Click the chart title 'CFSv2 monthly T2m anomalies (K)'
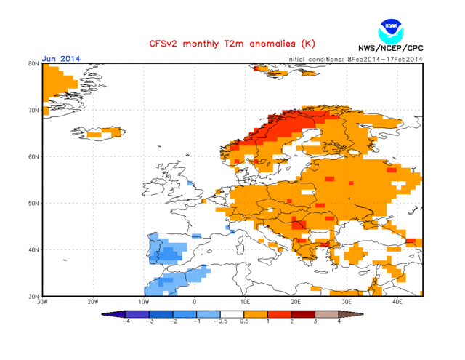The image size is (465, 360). (x=222, y=44)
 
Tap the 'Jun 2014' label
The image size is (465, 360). (x=61, y=59)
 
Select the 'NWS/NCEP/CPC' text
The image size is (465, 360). (x=391, y=49)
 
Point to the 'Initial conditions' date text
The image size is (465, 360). (x=354, y=59)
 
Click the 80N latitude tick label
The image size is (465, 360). (x=33, y=64)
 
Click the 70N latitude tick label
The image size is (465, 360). (x=33, y=111)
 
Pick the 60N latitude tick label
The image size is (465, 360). (x=33, y=156)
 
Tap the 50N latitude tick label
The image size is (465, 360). (x=33, y=203)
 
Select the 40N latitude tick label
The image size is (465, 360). (x=33, y=249)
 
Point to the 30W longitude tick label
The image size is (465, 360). (x=43, y=301)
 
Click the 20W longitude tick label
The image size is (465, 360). (x=93, y=301)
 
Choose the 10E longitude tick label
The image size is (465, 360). (x=245, y=301)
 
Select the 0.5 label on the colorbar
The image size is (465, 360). (x=245, y=321)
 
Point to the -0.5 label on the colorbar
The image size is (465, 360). (x=219, y=321)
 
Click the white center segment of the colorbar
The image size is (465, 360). (x=232, y=313)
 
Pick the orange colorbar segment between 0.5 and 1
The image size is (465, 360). (x=258, y=313)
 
